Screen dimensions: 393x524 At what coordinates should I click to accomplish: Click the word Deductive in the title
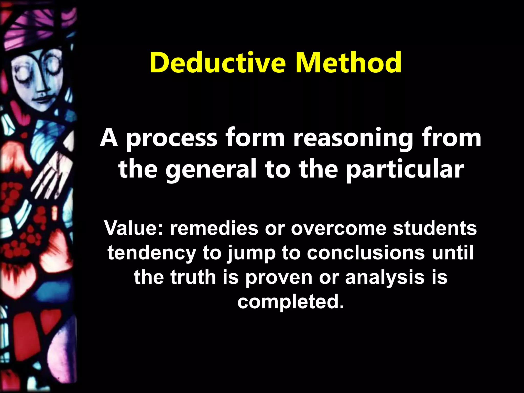pos(217,63)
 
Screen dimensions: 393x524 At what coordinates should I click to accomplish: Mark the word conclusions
pos(366,253)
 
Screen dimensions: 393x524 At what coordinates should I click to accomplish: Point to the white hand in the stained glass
pos(51,177)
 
